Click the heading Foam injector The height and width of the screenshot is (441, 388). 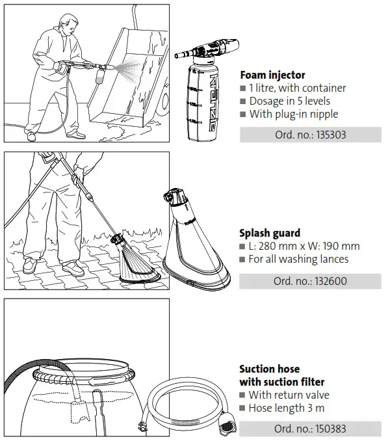[272, 75]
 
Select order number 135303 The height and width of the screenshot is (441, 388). [310, 135]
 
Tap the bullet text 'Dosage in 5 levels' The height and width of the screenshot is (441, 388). [289, 101]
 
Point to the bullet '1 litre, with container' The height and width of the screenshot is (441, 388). [297, 88]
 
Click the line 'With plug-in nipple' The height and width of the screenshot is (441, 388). [293, 114]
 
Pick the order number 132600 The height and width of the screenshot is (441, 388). [310, 281]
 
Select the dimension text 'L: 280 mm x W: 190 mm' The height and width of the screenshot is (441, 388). [304, 247]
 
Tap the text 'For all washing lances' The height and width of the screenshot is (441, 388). [298, 260]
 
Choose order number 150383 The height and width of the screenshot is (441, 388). [310, 429]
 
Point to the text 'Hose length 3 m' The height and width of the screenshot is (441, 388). [287, 408]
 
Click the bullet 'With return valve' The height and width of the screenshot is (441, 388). [289, 395]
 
